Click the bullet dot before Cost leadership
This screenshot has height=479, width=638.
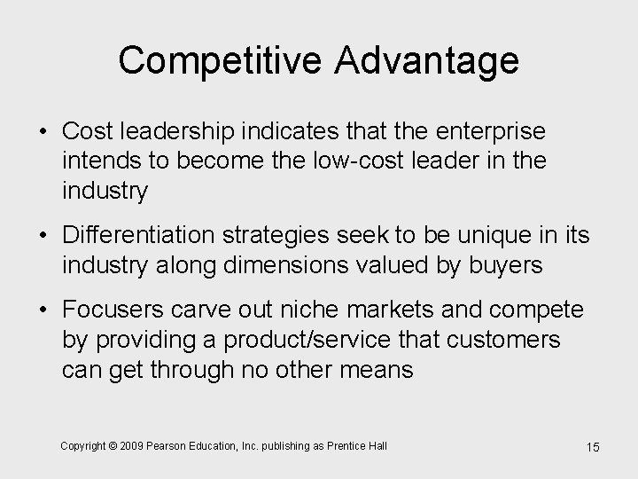coord(42,131)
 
